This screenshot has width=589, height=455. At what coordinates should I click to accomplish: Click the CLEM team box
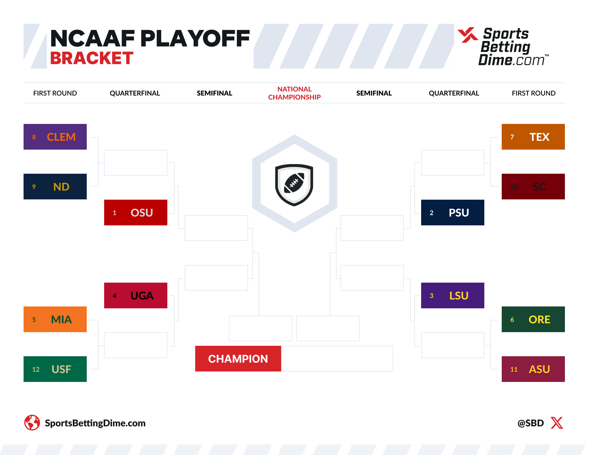point(55,137)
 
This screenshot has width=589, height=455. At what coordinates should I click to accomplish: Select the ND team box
point(55,187)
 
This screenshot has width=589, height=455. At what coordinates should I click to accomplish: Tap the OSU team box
point(136,213)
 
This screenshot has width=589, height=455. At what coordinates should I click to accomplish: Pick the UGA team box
point(136,295)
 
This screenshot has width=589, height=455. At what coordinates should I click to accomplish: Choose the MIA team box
point(55,319)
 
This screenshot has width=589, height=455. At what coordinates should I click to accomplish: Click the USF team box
point(55,369)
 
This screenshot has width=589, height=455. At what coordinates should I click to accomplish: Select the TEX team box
point(533,137)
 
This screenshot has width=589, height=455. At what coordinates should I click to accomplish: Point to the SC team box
point(533,187)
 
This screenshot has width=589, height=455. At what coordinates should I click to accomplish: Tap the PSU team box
point(452,213)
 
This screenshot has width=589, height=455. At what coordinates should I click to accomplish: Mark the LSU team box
point(452,295)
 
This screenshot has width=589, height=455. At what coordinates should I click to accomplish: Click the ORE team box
point(533,319)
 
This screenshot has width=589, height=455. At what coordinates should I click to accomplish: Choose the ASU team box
point(533,369)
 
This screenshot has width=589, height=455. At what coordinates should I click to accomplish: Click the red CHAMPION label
point(238,358)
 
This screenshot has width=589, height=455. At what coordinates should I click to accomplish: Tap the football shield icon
point(294,185)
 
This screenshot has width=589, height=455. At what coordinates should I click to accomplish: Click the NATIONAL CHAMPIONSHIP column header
point(294,93)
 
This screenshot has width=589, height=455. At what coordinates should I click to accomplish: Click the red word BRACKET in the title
point(92,58)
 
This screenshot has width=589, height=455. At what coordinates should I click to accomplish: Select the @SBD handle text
point(530,423)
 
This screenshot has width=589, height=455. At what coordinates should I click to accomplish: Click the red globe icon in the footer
point(32,422)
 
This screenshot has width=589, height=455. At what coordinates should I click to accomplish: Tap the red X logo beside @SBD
point(557,423)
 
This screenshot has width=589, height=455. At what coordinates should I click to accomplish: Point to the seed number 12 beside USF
point(36,369)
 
